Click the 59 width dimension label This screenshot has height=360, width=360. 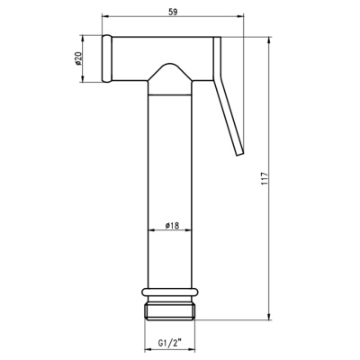pos(173,12)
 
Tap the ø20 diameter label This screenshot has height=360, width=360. pos(79,58)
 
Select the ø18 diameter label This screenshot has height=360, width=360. pos(172,225)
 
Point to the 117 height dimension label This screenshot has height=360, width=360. pos(264,178)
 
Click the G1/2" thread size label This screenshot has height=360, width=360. pos(169,342)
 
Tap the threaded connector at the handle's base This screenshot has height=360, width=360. pos(170,311)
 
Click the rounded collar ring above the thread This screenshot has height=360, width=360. pos(170,292)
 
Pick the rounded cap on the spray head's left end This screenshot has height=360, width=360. pos(107,58)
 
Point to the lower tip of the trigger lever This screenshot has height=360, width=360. pos(239,153)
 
